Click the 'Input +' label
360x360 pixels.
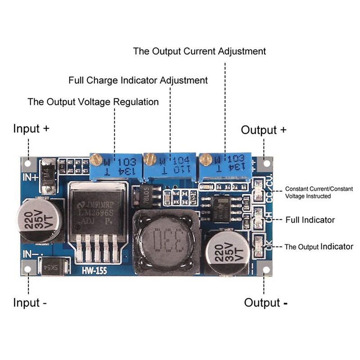tap(31, 128)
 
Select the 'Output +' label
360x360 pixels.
tap(264, 130)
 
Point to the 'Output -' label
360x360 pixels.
tap(266, 302)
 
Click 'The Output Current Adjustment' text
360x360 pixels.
tap(199, 51)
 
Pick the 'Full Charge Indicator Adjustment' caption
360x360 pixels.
tap(138, 80)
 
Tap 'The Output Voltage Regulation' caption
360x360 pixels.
tap(93, 102)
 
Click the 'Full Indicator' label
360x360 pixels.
tap(310, 220)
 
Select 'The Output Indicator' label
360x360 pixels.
tap(319, 247)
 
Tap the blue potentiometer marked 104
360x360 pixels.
tap(170, 165)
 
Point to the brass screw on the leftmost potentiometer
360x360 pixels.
tap(95, 159)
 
